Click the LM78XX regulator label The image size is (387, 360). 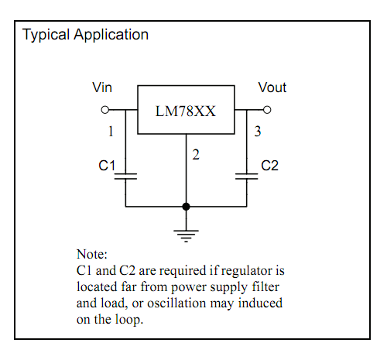click(186, 111)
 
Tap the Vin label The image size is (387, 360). click(102, 87)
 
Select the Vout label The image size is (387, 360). click(272, 87)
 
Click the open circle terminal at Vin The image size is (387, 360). click(105, 110)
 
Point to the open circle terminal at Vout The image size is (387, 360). click(267, 110)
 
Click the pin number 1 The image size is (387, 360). click(111, 132)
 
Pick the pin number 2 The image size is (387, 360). click(196, 155)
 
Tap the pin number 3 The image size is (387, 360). click(258, 132)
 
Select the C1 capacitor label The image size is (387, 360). click(107, 166)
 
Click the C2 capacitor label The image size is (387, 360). click(269, 166)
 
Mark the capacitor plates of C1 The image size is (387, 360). click(125, 177)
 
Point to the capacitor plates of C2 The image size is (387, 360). click(247, 177)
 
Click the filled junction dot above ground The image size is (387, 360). click(186, 207)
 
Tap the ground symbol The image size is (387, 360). click(186, 236)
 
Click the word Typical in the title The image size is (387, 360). click(46, 35)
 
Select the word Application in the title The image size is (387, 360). click(111, 35)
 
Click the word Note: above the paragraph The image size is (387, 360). click(92, 254)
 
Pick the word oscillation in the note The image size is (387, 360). click(176, 303)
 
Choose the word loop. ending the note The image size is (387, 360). click(129, 320)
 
